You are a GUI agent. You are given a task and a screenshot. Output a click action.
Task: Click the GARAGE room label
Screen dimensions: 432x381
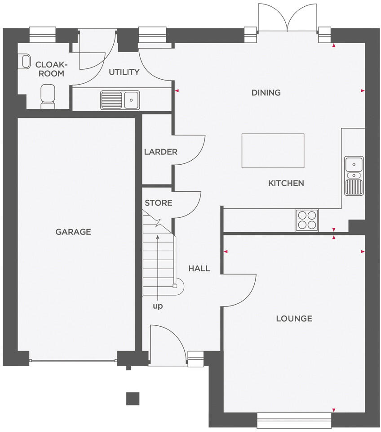click(73, 232)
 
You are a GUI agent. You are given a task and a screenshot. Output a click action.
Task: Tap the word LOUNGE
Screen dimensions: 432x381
click(294, 319)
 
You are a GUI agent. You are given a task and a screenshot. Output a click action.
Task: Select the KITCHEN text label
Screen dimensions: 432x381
click(286, 183)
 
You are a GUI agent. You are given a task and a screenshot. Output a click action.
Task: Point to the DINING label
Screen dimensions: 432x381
click(266, 93)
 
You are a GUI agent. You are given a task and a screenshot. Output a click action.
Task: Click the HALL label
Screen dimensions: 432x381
click(199, 269)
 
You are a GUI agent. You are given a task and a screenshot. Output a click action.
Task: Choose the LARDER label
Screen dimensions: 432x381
click(160, 152)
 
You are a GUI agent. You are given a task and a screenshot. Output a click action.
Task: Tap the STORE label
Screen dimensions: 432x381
click(158, 203)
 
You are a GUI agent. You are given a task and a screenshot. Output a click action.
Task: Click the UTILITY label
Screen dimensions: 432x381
click(124, 72)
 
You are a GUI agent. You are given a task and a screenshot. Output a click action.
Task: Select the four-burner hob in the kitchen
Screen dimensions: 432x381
click(306, 220)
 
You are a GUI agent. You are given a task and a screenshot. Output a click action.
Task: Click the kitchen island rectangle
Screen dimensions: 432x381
click(273, 150)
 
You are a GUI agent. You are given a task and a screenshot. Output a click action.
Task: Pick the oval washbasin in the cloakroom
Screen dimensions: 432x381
click(25, 62)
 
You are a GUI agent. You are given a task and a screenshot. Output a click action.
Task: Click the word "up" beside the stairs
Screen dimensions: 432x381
click(158, 306)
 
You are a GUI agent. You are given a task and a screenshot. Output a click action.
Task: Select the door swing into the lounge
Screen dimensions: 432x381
click(243, 288)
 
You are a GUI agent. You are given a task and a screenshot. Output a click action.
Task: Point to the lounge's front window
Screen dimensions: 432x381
click(294, 420)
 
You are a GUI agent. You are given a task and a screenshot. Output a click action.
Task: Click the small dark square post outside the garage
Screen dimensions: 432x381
click(133, 398)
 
